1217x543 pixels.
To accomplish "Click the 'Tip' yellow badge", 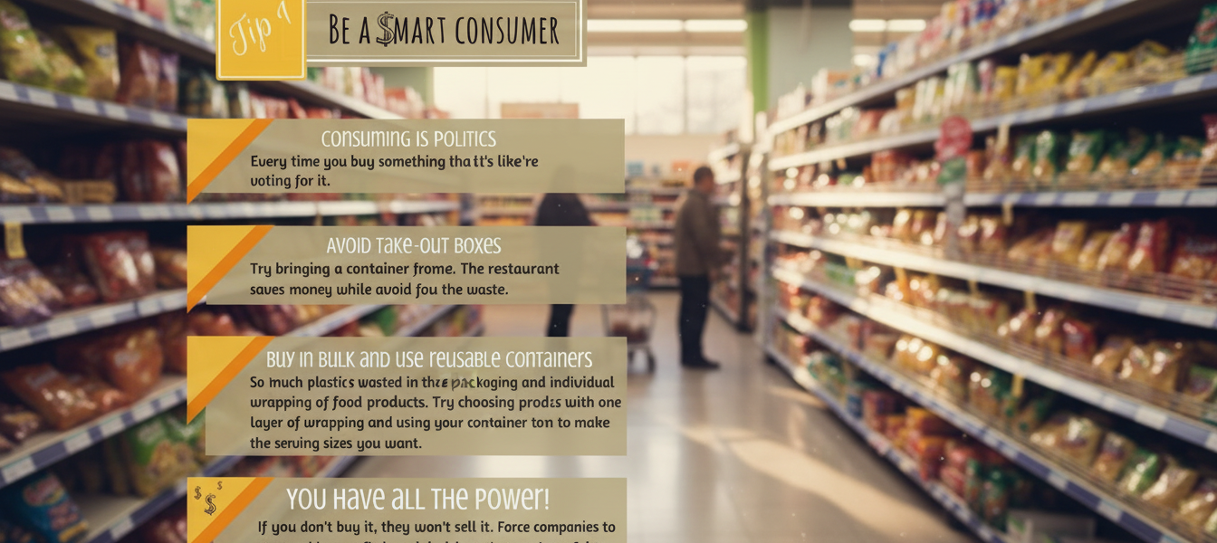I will point(261,36).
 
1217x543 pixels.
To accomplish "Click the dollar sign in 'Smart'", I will point(386,30).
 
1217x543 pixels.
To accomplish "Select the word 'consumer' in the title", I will point(506,31).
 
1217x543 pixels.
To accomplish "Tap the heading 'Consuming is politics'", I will point(408,138).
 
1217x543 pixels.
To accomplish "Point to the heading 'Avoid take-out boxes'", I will point(413,245).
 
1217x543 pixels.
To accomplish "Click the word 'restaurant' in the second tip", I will point(521,269).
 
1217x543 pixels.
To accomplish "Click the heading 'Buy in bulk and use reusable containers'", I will point(428,359).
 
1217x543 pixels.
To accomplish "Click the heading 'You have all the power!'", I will point(417,499).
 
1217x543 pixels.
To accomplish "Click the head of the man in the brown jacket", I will point(703,176).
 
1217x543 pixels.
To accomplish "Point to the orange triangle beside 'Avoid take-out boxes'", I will point(222,262).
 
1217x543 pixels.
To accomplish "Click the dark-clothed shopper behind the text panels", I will point(561,217).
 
